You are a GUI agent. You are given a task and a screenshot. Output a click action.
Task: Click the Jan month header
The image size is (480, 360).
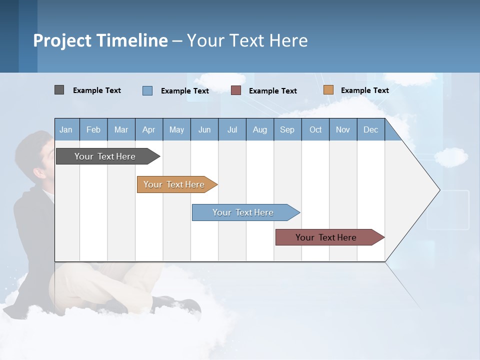66,129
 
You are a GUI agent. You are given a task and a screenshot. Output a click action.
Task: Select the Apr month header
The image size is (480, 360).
149,129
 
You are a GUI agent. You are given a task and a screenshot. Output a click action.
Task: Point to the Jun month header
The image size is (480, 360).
204,129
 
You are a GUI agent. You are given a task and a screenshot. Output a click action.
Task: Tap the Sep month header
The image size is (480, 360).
287,129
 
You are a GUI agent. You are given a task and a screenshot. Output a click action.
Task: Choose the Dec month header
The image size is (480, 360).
371,129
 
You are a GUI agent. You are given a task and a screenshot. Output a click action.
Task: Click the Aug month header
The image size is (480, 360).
260,129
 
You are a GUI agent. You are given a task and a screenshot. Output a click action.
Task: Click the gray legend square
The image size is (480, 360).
59,90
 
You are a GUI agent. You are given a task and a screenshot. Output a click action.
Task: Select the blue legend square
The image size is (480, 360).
147,90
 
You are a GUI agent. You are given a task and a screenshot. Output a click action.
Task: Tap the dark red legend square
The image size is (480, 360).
236,90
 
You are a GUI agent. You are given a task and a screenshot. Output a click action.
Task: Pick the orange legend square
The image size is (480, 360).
328,90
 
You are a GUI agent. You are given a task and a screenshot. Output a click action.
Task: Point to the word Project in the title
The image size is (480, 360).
62,40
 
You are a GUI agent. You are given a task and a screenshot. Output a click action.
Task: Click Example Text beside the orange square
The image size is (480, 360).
364,90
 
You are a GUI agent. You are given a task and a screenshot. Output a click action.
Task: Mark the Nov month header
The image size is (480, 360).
343,129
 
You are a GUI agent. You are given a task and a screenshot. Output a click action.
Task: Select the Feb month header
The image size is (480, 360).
93,129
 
